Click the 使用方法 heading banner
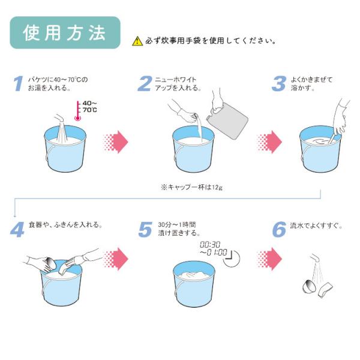pyautogui.click(x=65, y=34)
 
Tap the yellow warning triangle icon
pyautogui.click(x=137, y=41)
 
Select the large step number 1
pyautogui.click(x=18, y=84)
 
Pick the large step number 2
pyautogui.click(x=144, y=84)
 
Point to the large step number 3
pyautogui.click(x=278, y=84)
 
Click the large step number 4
pyautogui.click(x=17, y=229)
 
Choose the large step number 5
pyautogui.click(x=145, y=229)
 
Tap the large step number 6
pyautogui.click(x=279, y=229)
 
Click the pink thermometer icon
pyautogui.click(x=77, y=111)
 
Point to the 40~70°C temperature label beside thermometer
pyautogui.click(x=89, y=107)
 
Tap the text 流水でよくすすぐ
pyautogui.click(x=316, y=226)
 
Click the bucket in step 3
pyautogui.click(x=322, y=152)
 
